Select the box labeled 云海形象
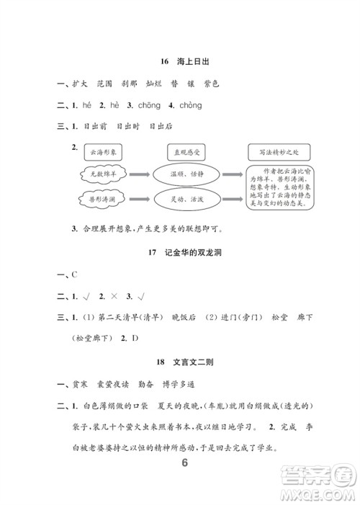click(x=105, y=153)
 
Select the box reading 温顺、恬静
click(x=186, y=174)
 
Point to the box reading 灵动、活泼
click(x=186, y=199)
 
